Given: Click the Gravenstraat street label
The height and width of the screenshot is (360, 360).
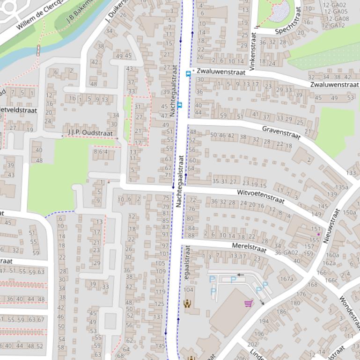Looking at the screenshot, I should (x=281, y=132).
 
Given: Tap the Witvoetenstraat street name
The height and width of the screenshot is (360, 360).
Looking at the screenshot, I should (x=261, y=196).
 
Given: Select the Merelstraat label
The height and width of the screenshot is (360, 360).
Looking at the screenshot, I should (x=249, y=248).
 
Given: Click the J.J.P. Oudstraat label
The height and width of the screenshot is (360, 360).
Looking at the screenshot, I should (x=90, y=133).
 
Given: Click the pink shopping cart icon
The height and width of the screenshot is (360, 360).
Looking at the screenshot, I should (x=249, y=303).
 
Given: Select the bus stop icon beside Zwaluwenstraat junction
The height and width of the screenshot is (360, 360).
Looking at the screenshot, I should (x=189, y=73).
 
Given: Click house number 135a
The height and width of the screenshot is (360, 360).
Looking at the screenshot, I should (x=341, y=187).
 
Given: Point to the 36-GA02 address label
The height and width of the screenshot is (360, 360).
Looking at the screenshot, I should (x=287, y=253).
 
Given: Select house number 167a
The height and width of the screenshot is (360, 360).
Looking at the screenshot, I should (x=287, y=279).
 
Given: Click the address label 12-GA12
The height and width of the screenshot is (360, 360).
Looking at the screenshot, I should (x=334, y=25).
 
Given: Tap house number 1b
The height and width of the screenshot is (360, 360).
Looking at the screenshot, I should (x=72, y=99).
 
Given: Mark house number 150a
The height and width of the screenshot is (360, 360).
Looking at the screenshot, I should (x=349, y=212).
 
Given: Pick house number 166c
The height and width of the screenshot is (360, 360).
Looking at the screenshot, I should (x=331, y=280).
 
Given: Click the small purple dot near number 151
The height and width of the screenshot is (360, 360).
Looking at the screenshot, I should (x=319, y=234).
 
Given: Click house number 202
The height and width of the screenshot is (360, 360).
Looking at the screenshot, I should (x=252, y=344).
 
